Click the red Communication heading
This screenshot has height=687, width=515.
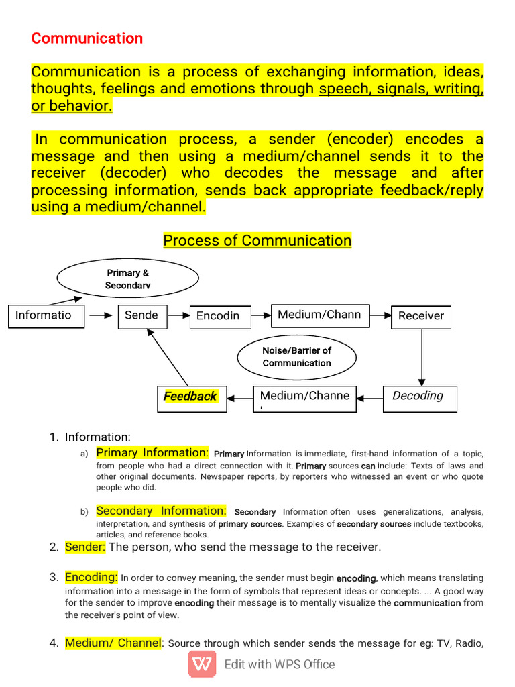tap(87, 38)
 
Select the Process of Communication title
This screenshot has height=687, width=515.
tap(257, 240)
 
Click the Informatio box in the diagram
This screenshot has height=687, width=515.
tap(46, 315)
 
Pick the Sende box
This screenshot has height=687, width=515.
tap(142, 315)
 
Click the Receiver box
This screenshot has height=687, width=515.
tap(421, 316)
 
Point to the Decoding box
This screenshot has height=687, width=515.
tap(420, 397)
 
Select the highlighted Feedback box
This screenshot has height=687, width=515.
tap(191, 397)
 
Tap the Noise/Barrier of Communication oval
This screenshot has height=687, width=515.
tap(297, 356)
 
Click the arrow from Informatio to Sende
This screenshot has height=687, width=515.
tap(101, 315)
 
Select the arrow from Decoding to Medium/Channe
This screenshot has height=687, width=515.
tap(369, 397)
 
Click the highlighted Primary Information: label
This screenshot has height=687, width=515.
tap(153, 453)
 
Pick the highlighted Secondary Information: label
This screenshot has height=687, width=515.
tap(162, 511)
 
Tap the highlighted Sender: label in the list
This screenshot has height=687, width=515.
tap(85, 547)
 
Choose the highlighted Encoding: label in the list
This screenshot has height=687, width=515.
tap(91, 577)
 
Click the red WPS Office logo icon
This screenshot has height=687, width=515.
tap(203, 664)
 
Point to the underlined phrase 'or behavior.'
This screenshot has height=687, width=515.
tap(72, 106)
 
